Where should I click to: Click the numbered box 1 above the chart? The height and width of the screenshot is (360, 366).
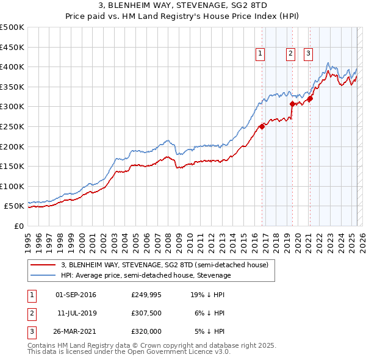(x=260, y=54)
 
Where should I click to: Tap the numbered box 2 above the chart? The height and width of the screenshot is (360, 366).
(x=290, y=54)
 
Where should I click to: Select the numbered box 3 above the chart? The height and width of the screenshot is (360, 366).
(x=308, y=54)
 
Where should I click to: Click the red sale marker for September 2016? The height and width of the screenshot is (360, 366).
(x=262, y=126)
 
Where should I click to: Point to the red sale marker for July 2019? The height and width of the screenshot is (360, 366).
(x=292, y=104)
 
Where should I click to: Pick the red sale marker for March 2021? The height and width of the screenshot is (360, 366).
(x=310, y=98)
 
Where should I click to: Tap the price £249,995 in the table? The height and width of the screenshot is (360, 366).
(x=146, y=295)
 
